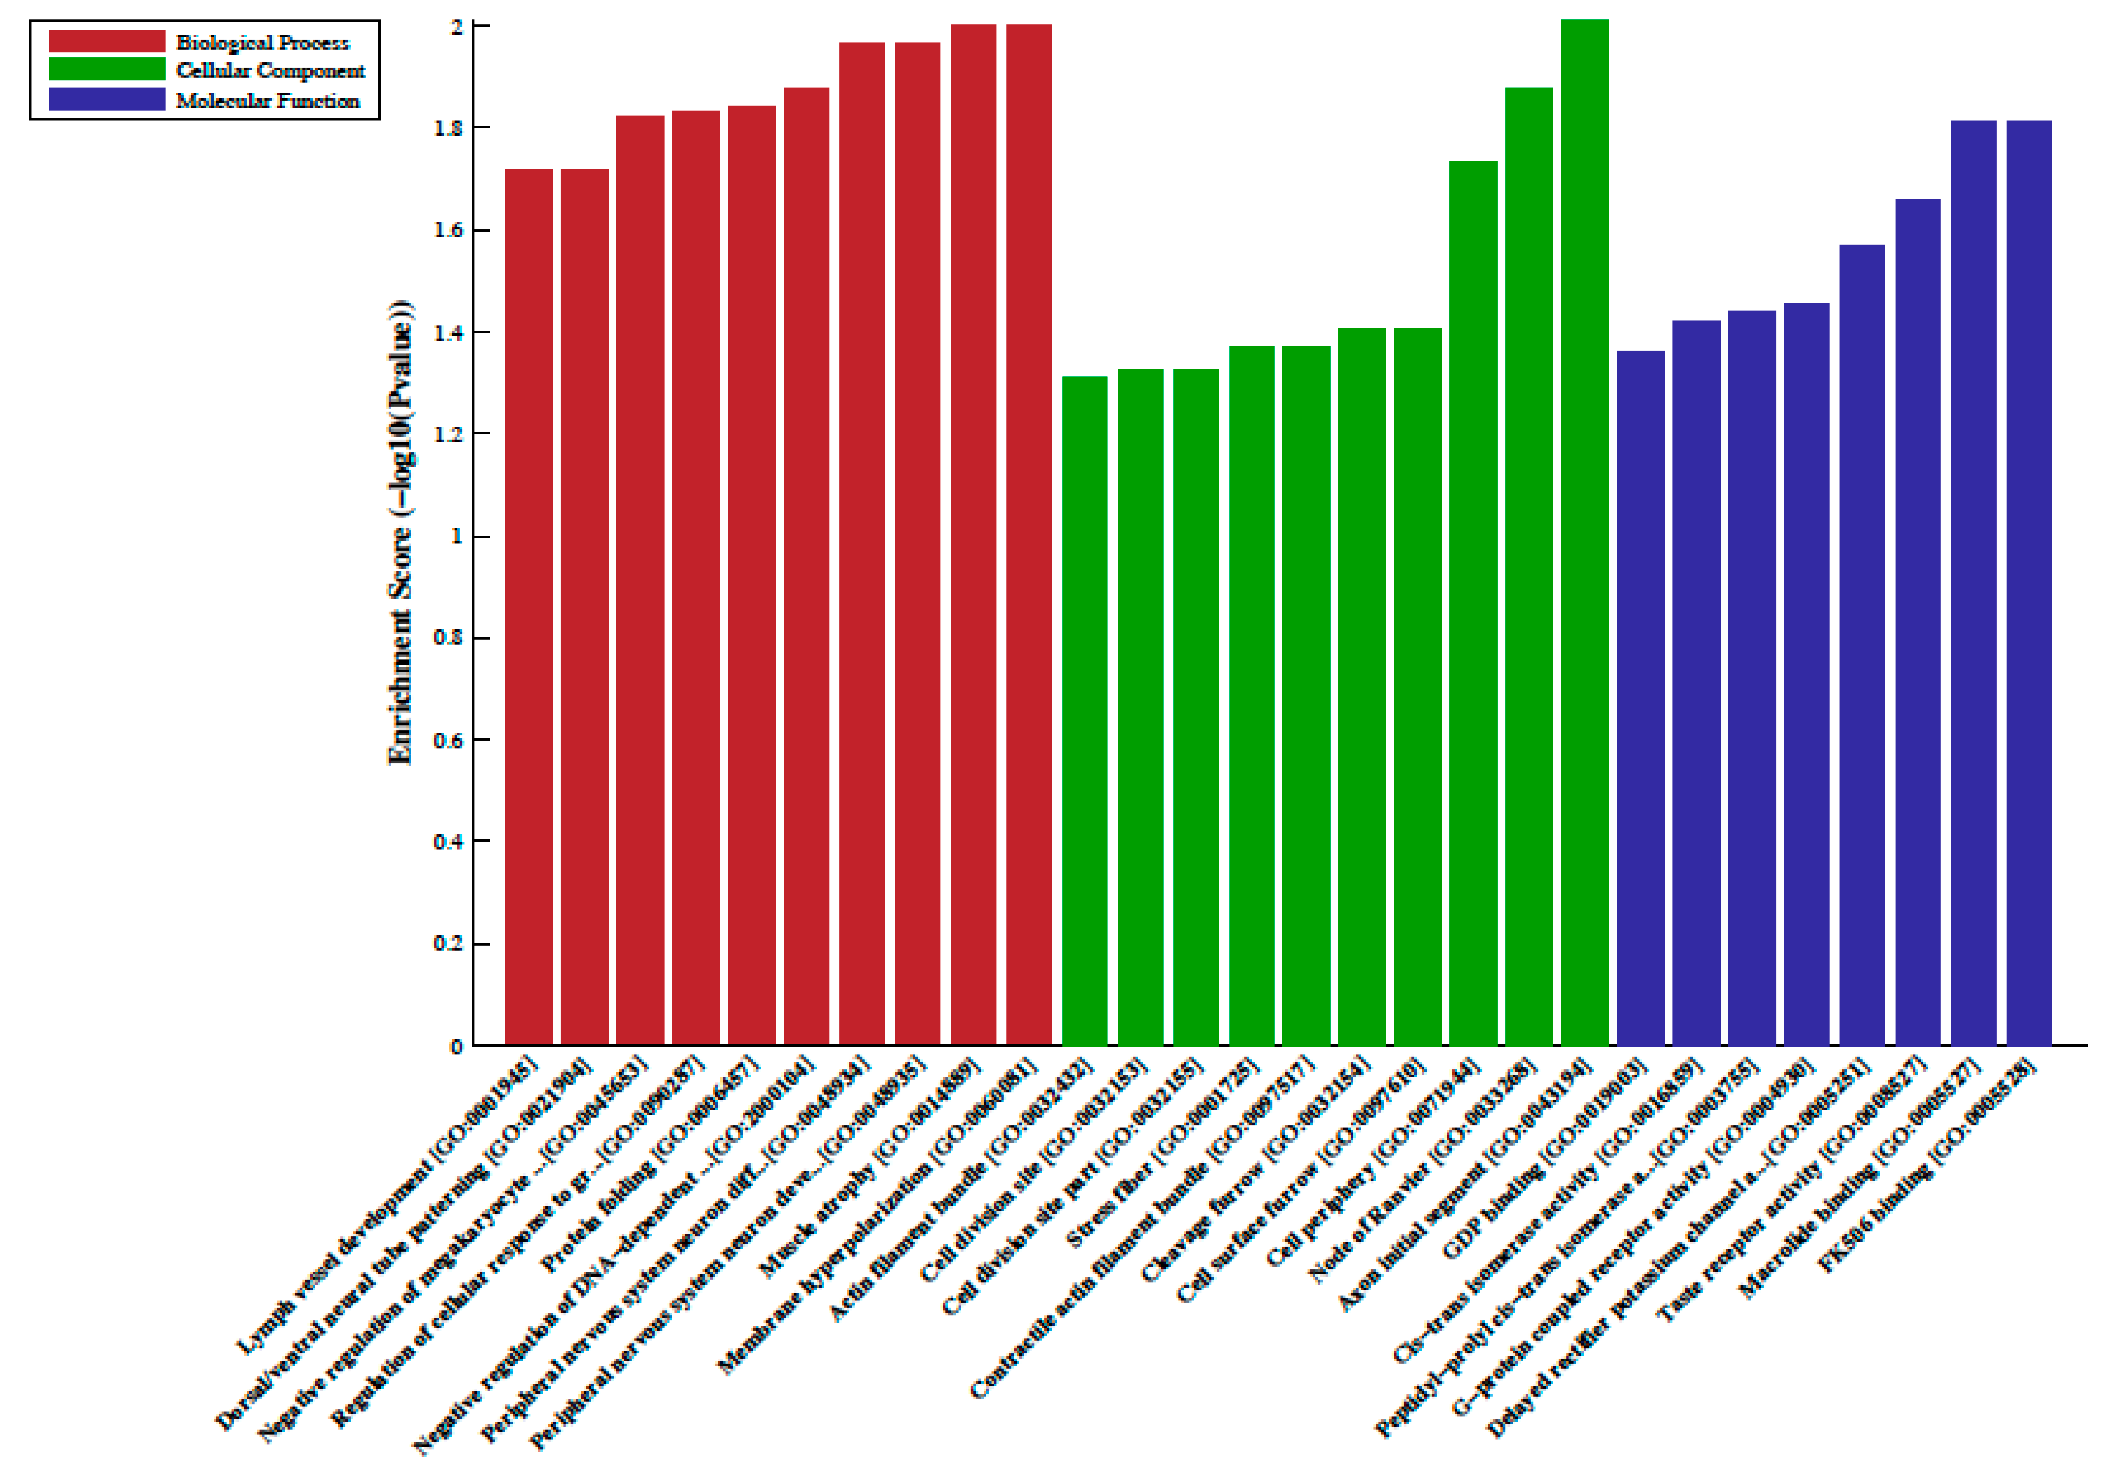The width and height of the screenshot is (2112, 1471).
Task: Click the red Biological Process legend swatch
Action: (x=107, y=41)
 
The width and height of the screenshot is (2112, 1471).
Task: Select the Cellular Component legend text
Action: (x=270, y=71)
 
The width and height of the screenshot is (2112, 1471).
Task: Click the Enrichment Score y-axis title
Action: (x=401, y=533)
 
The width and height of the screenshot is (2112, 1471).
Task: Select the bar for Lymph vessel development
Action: (x=529, y=607)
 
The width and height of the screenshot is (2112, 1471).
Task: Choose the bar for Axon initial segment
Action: (x=1585, y=533)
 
